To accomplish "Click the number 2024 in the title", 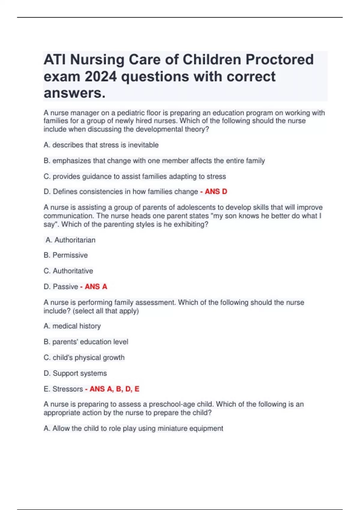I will pyautogui.click(x=101, y=76).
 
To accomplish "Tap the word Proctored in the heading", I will pyautogui.click(x=280, y=59).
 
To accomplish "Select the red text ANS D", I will pyautogui.click(x=216, y=191).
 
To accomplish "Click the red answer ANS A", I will pyautogui.click(x=96, y=286).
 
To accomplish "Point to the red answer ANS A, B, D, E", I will pyautogui.click(x=114, y=389).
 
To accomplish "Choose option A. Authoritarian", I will pyautogui.click(x=70, y=240).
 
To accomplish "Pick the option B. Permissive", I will pyautogui.click(x=66, y=255).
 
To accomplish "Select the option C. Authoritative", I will pyautogui.click(x=68, y=271).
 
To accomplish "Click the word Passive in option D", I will pyautogui.click(x=65, y=286).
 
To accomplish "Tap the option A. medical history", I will pyautogui.click(x=72, y=326).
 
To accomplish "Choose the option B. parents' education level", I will pyautogui.click(x=86, y=342).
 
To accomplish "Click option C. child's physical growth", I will pyautogui.click(x=84, y=357).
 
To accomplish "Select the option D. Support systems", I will pyautogui.click(x=75, y=373).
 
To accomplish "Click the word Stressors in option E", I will pyautogui.click(x=67, y=389).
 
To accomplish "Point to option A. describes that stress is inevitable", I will pyautogui.click(x=101, y=145).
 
